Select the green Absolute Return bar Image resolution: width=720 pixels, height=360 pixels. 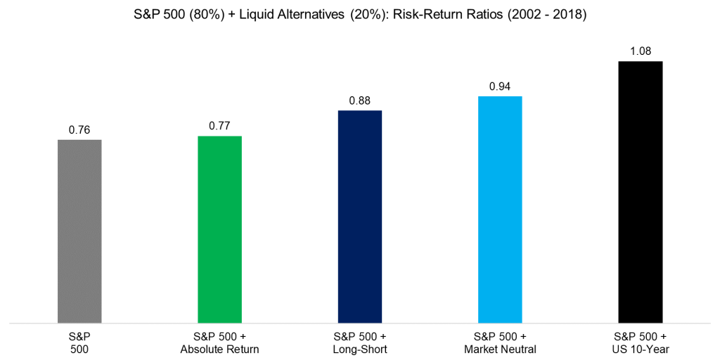point(219,229)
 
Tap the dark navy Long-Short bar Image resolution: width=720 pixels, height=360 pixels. point(359,217)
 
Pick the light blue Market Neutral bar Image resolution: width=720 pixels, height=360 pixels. point(500,210)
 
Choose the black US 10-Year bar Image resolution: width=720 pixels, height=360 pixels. point(640,192)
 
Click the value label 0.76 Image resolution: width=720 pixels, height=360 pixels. point(79,130)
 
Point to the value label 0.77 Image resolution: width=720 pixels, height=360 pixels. point(219,127)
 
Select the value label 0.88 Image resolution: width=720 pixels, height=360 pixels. point(359,101)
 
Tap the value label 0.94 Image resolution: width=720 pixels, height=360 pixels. point(500,86)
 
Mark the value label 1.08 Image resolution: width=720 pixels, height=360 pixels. point(640,52)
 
